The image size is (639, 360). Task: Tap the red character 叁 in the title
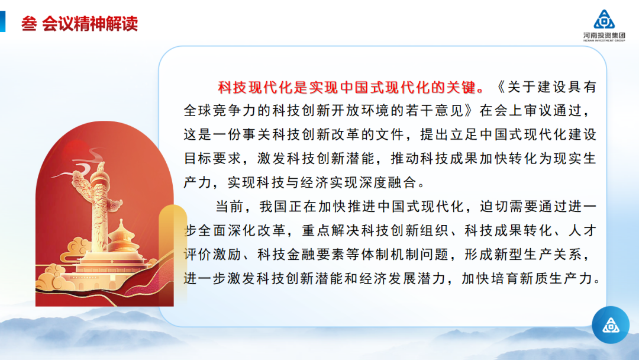(29, 24)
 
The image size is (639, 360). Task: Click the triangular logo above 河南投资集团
(604, 20)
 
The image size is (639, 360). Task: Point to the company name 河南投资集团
(604, 36)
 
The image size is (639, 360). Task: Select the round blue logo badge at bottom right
(611, 325)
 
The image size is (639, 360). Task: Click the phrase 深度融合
(389, 182)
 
